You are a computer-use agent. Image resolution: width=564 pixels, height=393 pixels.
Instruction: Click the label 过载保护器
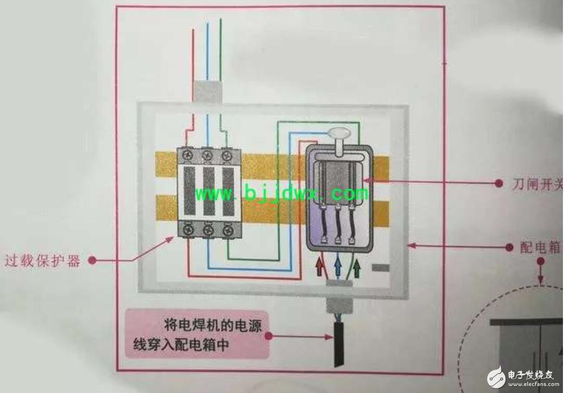(43, 260)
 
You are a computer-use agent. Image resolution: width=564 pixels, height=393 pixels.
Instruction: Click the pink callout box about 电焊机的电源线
(197, 334)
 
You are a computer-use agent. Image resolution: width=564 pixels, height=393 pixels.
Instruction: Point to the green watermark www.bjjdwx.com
(281, 194)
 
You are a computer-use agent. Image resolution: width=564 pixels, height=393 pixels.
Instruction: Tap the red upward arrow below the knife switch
(319, 267)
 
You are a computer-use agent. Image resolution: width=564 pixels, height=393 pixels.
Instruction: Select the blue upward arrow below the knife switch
(338, 267)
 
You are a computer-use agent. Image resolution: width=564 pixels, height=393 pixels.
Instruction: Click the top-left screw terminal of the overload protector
(188, 154)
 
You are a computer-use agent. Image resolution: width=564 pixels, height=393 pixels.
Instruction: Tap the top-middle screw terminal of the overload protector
(207, 154)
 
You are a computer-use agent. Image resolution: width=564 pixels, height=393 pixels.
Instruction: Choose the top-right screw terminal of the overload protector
(226, 154)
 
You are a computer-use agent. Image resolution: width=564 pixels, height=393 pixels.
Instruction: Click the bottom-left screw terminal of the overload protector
(188, 228)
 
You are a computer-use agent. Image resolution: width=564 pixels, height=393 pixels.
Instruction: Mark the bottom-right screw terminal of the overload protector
(226, 228)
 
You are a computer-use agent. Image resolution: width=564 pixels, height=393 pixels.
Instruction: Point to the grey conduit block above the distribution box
(208, 91)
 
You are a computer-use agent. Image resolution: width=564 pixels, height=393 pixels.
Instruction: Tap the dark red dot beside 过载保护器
(92, 260)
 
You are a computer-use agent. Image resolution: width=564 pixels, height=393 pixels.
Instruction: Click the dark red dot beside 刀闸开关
(498, 183)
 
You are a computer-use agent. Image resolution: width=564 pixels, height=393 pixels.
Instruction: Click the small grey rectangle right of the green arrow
(381, 268)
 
